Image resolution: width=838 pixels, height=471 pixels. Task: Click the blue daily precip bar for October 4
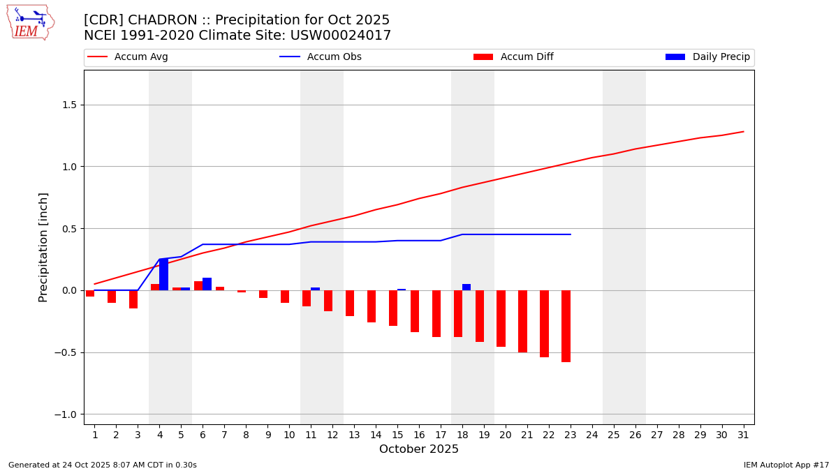click(x=163, y=274)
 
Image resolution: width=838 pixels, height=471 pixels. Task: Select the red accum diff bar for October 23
click(x=566, y=326)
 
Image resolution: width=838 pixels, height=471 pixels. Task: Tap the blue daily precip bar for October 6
click(x=207, y=284)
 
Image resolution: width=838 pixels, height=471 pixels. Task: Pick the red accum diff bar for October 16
click(x=415, y=311)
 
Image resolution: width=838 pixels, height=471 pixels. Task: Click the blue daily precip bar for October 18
click(x=466, y=287)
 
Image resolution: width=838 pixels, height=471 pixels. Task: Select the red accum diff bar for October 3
click(x=133, y=299)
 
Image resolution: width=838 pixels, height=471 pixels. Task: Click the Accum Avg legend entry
click(x=128, y=57)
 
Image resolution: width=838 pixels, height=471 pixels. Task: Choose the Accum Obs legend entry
click(x=321, y=57)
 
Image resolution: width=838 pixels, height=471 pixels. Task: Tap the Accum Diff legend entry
click(x=513, y=57)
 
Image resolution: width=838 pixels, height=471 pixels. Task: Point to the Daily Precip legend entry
click(x=707, y=57)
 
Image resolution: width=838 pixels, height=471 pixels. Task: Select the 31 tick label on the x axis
click(x=743, y=435)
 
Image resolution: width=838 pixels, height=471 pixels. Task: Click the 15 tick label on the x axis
click(x=397, y=435)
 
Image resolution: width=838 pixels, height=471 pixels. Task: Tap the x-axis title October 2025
click(x=419, y=449)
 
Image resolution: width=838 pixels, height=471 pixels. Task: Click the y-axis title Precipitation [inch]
click(x=43, y=247)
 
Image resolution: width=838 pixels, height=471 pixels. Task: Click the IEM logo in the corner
click(x=30, y=22)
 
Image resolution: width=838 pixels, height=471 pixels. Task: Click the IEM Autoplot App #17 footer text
click(x=786, y=465)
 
